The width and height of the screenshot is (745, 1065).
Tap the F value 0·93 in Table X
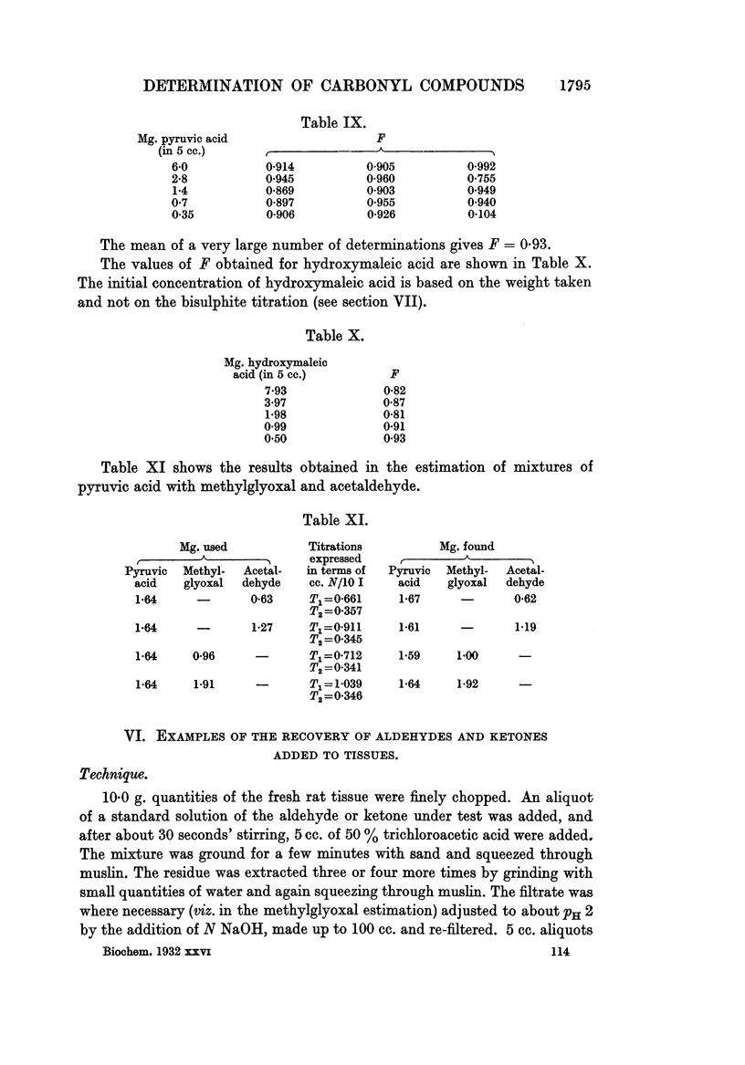pyautogui.click(x=393, y=438)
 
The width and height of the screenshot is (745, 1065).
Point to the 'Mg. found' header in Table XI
pyautogui.click(x=467, y=547)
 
